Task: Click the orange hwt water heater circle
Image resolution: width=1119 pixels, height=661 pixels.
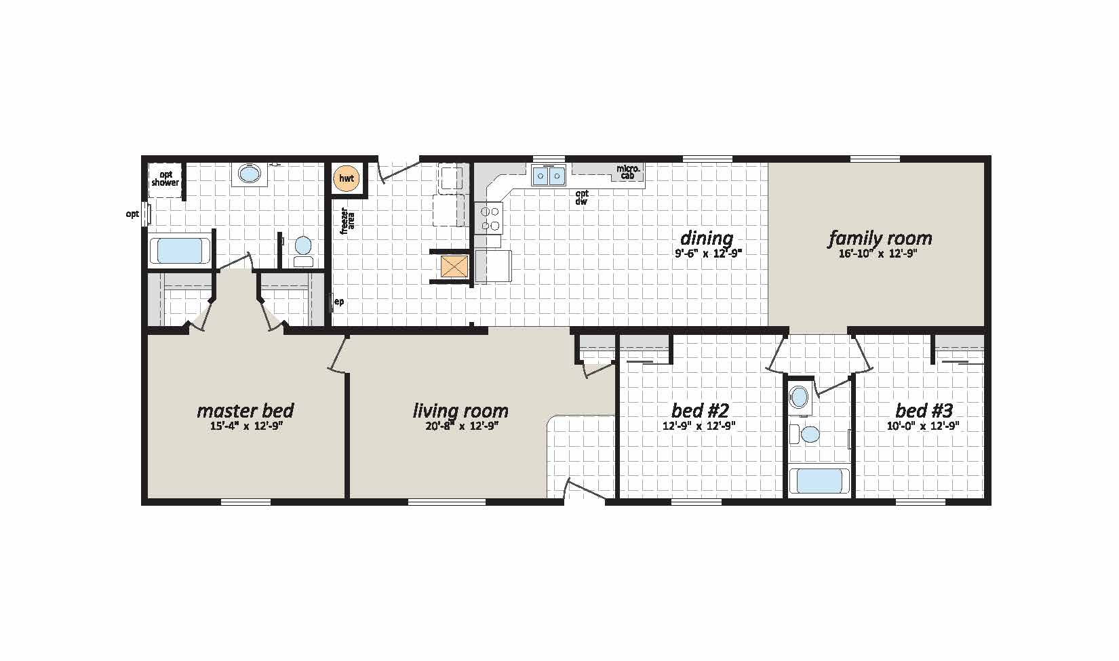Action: point(347,178)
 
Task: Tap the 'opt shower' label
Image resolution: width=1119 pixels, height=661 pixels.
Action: point(165,179)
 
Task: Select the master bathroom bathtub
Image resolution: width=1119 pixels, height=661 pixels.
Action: point(180,250)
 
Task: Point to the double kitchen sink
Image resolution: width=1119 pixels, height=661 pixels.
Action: point(549,176)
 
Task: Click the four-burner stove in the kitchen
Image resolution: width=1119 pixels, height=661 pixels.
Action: point(489,218)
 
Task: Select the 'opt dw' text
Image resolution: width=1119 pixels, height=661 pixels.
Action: point(581,198)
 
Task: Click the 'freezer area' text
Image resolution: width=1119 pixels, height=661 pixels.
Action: point(347,220)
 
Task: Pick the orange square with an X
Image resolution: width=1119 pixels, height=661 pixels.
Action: point(454,266)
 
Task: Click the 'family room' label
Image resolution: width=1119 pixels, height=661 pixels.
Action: point(880,239)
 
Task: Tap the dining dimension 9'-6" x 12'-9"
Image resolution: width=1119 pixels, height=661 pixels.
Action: point(709,253)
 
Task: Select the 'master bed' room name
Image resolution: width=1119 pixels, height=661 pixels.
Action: point(246,411)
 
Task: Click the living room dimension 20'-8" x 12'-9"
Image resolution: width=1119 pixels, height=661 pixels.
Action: point(462,426)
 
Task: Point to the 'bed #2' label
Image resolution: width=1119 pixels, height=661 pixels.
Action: point(701,411)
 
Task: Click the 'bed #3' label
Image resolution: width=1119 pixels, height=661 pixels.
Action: point(924,411)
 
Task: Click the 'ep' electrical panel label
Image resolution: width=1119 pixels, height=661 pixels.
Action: point(338,302)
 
